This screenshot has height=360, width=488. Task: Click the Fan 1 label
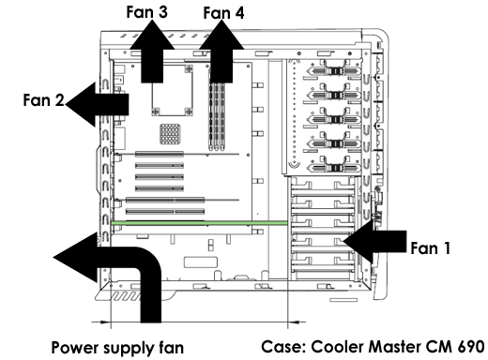[x=430, y=248]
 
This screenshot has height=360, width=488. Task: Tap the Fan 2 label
[x=43, y=100]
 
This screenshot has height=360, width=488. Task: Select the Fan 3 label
[x=146, y=12]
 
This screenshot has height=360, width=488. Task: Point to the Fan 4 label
[x=223, y=13]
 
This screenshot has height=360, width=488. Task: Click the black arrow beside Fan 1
[x=374, y=242]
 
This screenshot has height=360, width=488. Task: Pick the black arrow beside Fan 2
[x=97, y=104]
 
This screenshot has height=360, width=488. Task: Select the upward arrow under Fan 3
[x=152, y=52]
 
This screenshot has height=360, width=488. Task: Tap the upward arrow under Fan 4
[x=221, y=52]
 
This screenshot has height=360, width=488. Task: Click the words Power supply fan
[x=117, y=348]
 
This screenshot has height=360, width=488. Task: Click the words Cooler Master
[x=366, y=347]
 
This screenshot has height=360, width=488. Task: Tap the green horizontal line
[x=199, y=223]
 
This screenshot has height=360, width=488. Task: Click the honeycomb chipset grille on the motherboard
[x=170, y=134]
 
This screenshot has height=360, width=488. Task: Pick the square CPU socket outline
[x=172, y=90]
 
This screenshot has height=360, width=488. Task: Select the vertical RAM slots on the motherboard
[x=217, y=116]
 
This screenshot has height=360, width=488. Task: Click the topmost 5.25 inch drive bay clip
[x=334, y=71]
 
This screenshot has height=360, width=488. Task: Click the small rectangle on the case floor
[x=201, y=262]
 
